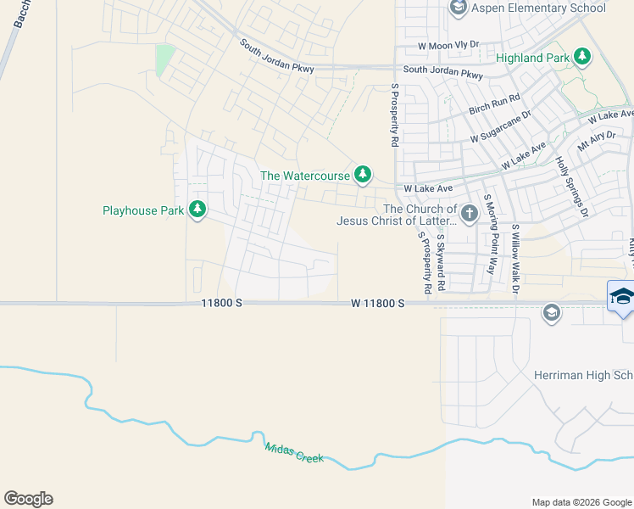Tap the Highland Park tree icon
click(x=581, y=56)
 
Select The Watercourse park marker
click(x=363, y=175)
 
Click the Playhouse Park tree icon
click(x=197, y=210)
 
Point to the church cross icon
click(x=470, y=210)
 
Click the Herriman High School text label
click(x=583, y=375)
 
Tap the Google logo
click(x=28, y=499)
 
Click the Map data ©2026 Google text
click(x=581, y=502)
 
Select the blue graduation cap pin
click(x=621, y=297)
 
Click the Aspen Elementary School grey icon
click(x=459, y=8)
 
